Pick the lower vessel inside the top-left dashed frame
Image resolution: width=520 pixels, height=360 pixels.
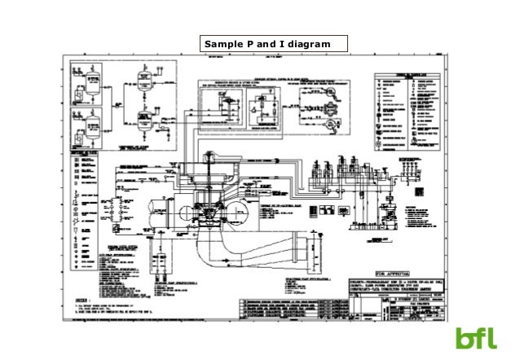tap(143, 121)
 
